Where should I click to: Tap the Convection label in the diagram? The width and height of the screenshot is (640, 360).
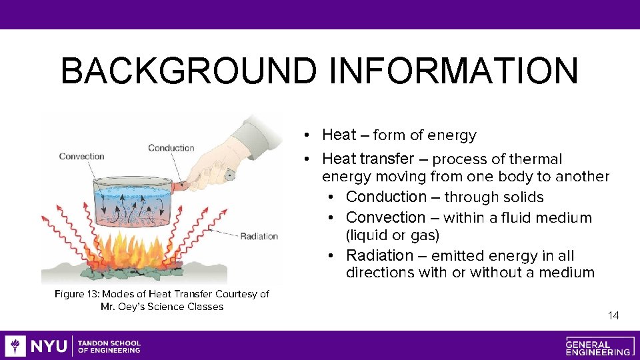point(81,157)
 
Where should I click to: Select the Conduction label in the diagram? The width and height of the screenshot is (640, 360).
point(171,148)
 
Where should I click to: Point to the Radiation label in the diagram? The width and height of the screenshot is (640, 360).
point(259,236)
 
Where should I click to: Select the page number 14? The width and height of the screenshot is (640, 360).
point(613,315)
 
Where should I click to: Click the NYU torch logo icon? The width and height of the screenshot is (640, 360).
point(15,346)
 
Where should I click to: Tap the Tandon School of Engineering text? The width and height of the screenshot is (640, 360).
point(109,346)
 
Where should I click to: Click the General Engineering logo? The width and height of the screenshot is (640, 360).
point(598,346)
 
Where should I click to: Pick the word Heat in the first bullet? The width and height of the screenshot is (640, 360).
point(339,135)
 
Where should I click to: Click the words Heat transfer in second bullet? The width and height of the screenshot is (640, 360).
point(367,159)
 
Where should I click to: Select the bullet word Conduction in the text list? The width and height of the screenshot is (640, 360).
point(386,197)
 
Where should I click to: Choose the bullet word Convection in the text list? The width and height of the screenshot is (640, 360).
point(385,218)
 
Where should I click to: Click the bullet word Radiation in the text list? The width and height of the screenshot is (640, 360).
point(379,256)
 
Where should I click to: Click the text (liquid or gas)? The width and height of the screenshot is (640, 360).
point(393,235)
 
